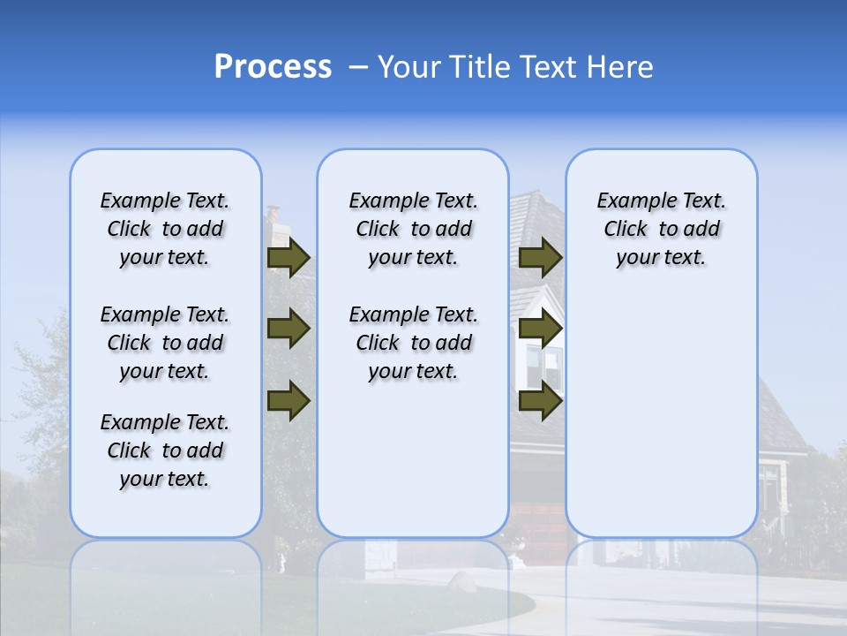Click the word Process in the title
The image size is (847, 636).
[x=273, y=67]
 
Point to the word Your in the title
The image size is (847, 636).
[x=409, y=67]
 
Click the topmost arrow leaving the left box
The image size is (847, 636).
[x=288, y=258]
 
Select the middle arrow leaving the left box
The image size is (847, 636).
[x=288, y=329]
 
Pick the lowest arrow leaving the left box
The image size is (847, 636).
[x=288, y=400]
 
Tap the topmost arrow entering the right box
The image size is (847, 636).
[x=540, y=258]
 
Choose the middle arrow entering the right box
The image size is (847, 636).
[x=540, y=329]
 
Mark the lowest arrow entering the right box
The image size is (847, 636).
[x=540, y=400]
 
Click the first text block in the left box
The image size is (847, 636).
[x=165, y=229]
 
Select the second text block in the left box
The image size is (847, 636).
[x=165, y=343]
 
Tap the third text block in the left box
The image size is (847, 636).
[x=165, y=450]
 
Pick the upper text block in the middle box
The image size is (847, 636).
[x=413, y=229]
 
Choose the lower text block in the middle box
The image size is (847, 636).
[x=413, y=343]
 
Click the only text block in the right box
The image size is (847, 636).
[x=661, y=229]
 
